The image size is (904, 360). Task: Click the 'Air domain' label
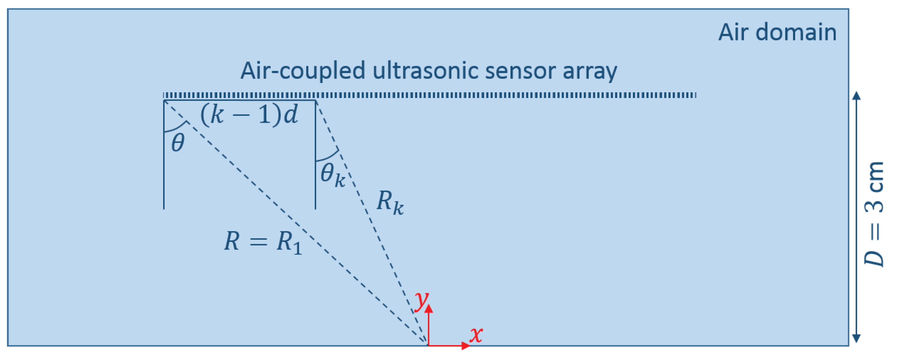pyautogui.click(x=777, y=32)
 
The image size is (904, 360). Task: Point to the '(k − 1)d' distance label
pyautogui.click(x=249, y=115)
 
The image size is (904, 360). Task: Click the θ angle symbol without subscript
pyautogui.click(x=178, y=143)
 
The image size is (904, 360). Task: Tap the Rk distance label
pyautogui.click(x=389, y=202)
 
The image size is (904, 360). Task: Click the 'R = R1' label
pyautogui.click(x=263, y=242)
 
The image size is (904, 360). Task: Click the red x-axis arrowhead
pyautogui.click(x=466, y=346)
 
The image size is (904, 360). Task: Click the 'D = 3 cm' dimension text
pyautogui.click(x=874, y=214)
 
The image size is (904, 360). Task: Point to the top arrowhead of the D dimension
pyautogui.click(x=856, y=96)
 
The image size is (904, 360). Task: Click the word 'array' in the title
pyautogui.click(x=589, y=70)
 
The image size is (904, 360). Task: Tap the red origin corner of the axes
pyautogui.click(x=428, y=346)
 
